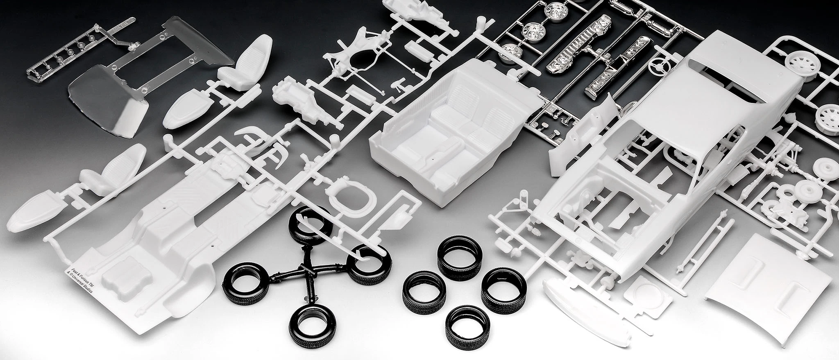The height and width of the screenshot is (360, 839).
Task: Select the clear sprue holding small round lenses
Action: [70, 53]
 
